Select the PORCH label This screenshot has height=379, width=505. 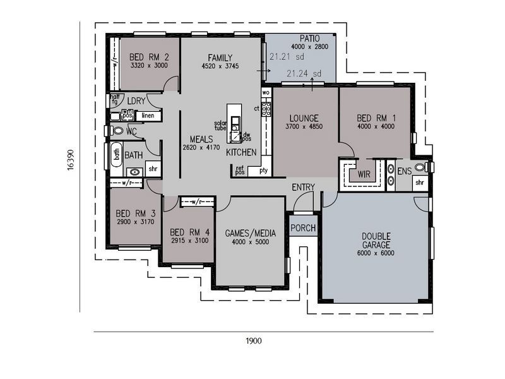coord(303,228)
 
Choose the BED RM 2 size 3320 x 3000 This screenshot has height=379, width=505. coord(149,65)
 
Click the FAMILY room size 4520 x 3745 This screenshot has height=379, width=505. coord(217,66)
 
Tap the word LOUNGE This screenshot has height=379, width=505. coord(304,118)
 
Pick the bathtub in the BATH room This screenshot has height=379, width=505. coord(116,154)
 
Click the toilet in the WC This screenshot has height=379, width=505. coord(117,131)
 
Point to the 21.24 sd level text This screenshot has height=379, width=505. coord(304,74)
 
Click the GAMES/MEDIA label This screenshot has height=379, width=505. coord(251,233)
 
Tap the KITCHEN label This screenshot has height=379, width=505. coord(241,152)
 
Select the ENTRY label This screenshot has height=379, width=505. coord(304,187)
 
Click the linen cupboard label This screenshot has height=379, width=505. coord(147,116)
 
